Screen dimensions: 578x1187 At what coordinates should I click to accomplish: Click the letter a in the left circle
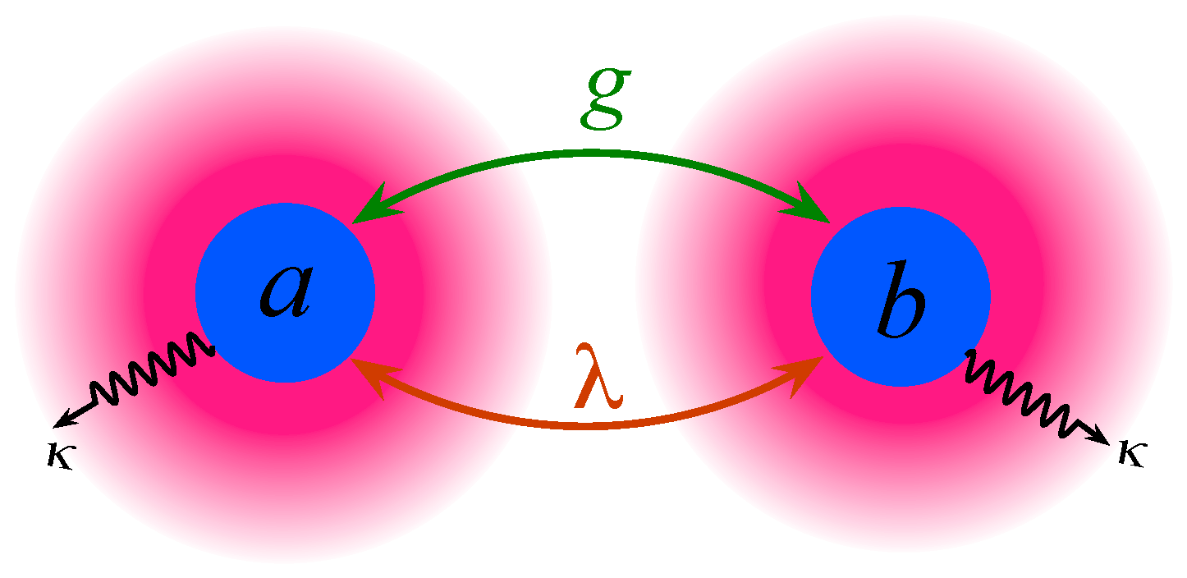(286, 294)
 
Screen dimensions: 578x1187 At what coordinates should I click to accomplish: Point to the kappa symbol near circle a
(59, 456)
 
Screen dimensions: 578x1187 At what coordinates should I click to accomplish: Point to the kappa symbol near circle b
(1130, 453)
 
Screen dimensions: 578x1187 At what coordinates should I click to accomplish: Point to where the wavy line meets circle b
(969, 354)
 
